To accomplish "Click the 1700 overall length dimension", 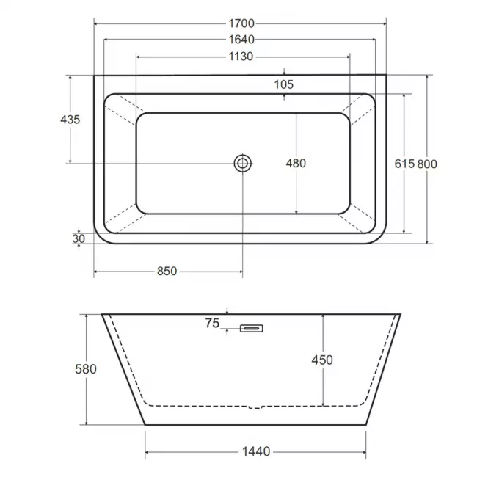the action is (241, 23).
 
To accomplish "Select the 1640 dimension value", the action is (241, 40).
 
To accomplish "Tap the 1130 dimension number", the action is (241, 57).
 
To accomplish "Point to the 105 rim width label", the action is (283, 84).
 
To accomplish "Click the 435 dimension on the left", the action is (70, 120).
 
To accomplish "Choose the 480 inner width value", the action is (296, 163).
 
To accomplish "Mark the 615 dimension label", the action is (404, 164).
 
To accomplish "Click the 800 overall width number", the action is (427, 164).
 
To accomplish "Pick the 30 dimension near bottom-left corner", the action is (79, 238).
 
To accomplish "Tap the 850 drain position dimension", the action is (167, 272).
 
